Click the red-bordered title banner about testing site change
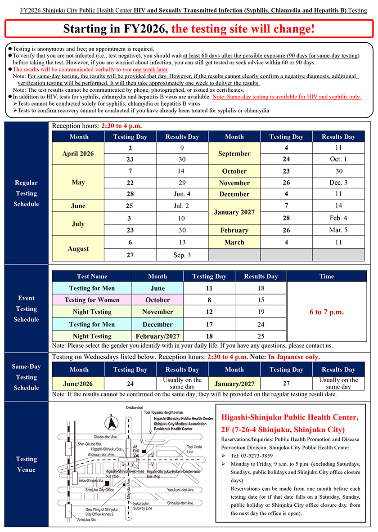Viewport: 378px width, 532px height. coord(189,29)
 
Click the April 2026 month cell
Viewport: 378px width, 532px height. coord(78,153)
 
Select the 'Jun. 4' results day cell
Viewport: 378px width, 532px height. coord(182,194)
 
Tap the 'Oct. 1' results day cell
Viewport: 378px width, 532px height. coord(338,159)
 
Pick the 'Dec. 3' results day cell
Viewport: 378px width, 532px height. coord(338,183)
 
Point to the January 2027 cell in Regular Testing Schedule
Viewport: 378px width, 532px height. coord(234,212)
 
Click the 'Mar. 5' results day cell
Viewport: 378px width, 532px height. coord(338,230)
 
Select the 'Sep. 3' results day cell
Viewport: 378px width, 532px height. coord(182,255)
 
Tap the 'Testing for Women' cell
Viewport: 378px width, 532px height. coord(92,300)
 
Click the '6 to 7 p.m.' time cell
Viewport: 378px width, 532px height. coord(327,312)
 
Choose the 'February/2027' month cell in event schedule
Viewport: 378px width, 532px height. coord(157,336)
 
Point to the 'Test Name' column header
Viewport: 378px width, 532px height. coord(92,277)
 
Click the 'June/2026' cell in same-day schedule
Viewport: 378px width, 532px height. coord(78,384)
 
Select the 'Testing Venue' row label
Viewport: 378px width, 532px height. coord(26,464)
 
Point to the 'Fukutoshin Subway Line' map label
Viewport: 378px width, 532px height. coord(143,505)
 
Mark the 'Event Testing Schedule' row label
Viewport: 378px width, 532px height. coord(26,308)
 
